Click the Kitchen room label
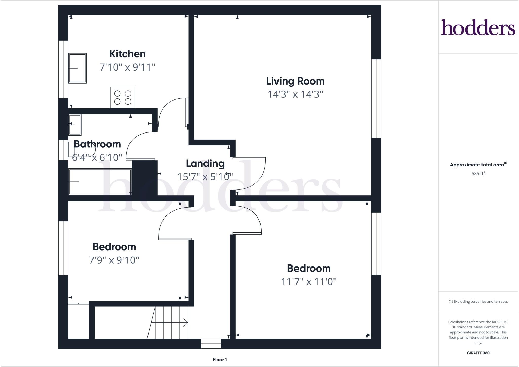pos(127,54)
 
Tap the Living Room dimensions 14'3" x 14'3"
pos(295,94)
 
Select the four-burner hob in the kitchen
pos(123,97)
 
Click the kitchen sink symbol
pos(77,68)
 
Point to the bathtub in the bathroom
pos(100,182)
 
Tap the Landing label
pos(205,163)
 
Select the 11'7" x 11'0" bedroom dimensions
pos(309,282)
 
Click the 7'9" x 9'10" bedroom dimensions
pos(114,260)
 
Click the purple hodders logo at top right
pos(478,27)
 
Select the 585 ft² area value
pos(478,174)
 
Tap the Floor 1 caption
pos(220,360)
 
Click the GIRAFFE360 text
pos(478,353)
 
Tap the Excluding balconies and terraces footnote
pos(478,302)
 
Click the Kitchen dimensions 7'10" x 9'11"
pos(127,67)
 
